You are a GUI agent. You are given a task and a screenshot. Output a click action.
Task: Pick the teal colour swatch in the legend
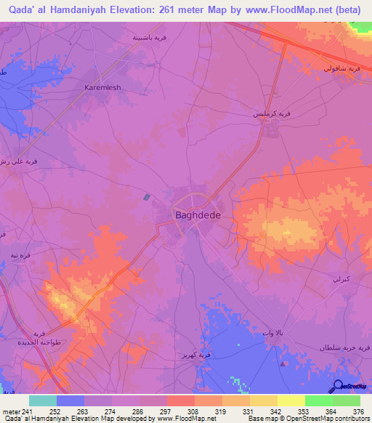point(43,400)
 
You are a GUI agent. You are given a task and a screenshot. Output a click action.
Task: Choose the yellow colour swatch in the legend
point(291,400)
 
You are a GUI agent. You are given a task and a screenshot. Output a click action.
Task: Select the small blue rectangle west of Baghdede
point(147,196)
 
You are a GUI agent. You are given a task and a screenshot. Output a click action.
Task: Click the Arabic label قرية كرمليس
point(272,114)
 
